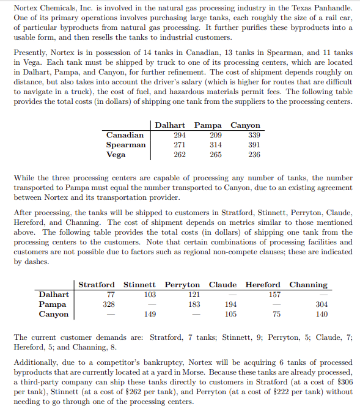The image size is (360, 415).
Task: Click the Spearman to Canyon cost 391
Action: tap(254, 145)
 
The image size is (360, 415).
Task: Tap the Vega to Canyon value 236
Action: tap(254, 155)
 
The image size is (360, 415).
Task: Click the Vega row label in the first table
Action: tap(116, 155)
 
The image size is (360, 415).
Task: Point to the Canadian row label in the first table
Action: tap(125, 134)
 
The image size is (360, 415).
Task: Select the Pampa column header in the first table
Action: tap(208, 125)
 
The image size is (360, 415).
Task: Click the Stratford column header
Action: tap(97, 285)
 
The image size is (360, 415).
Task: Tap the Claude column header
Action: tap(223, 285)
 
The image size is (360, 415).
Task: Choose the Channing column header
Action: tap(308, 285)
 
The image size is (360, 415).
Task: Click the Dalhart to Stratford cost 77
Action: tap(108, 295)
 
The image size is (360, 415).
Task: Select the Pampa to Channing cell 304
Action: tap(321, 304)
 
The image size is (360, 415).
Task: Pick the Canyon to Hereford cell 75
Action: tap(276, 314)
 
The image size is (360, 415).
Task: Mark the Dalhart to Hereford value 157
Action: tap(274, 295)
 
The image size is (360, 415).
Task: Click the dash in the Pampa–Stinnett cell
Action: tap(150, 304)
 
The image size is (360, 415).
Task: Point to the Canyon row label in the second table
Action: tap(53, 314)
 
